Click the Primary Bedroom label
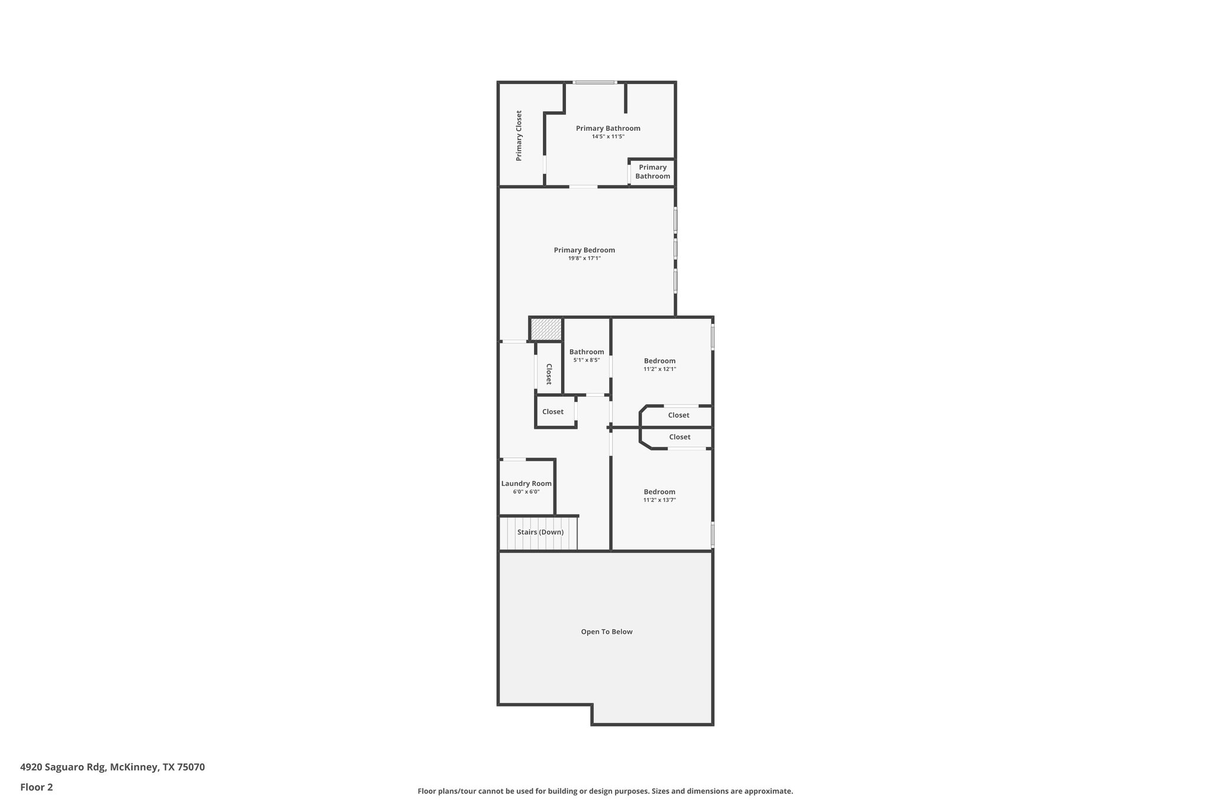tap(584, 250)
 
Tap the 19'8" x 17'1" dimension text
tap(584, 258)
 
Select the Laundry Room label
tap(526, 484)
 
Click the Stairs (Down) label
tap(540, 532)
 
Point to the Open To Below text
tap(607, 631)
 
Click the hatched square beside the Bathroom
tap(546, 329)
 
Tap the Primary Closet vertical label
tap(519, 136)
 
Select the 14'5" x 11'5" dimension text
tap(608, 137)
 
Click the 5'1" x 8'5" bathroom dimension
tap(587, 360)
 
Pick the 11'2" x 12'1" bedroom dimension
tap(659, 369)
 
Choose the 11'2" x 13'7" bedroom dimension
tap(659, 500)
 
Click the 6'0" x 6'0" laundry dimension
tap(526, 492)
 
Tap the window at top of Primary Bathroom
tap(595, 82)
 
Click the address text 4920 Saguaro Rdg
tap(112, 767)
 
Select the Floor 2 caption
tap(37, 787)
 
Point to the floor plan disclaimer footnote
tap(605, 791)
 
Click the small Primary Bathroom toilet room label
tap(653, 171)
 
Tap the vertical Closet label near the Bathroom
tap(549, 374)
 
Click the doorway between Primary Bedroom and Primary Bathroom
tap(583, 187)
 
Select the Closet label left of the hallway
tap(553, 411)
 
